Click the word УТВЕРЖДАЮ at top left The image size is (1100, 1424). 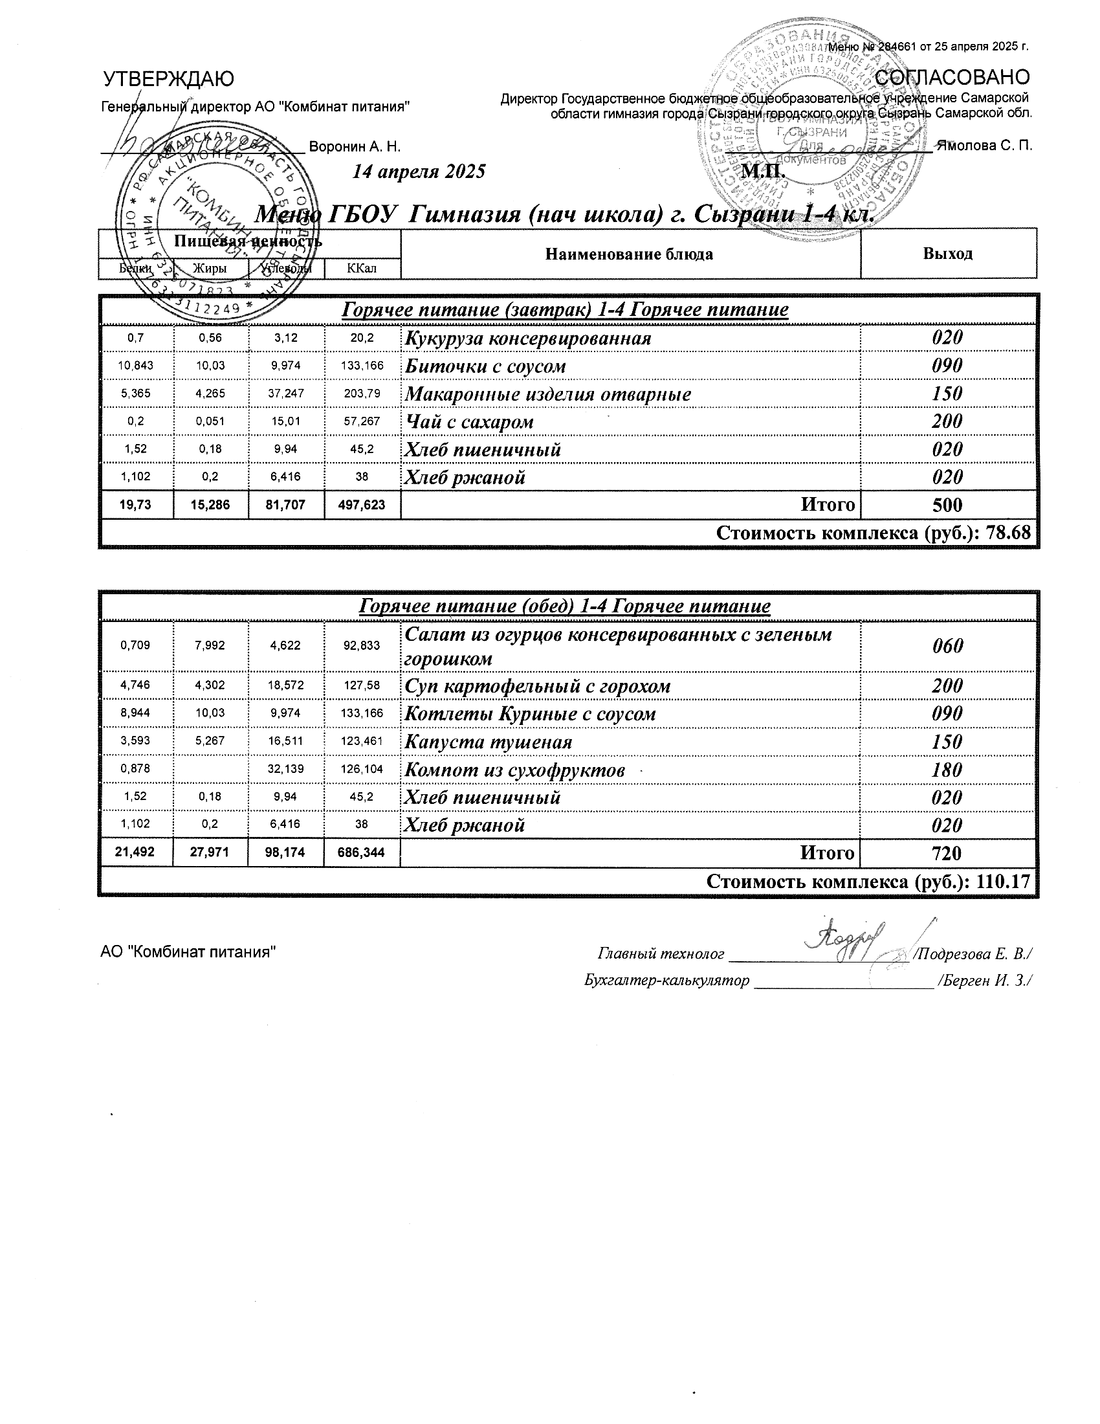169,80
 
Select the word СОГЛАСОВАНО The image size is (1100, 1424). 952,78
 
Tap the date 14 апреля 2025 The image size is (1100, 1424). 419,172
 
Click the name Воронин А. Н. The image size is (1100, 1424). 355,146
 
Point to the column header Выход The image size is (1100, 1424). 947,254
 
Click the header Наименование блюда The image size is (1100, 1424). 629,254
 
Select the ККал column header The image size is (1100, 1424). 362,268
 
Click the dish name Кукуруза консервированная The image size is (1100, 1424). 528,339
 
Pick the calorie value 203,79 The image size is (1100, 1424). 362,394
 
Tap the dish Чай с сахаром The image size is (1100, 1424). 469,422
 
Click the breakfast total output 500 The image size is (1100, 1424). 947,506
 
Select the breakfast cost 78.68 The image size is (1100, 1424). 1009,533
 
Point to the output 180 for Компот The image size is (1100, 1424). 947,770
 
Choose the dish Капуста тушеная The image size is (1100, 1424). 488,742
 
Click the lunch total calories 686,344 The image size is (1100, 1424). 362,853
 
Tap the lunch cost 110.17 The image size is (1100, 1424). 1004,882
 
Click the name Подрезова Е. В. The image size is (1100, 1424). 973,954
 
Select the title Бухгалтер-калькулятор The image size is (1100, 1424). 666,980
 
